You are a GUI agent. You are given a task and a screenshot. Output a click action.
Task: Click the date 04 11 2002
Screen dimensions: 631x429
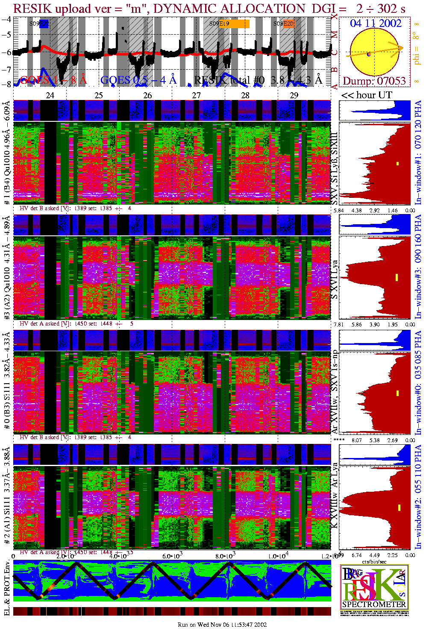[x=376, y=23]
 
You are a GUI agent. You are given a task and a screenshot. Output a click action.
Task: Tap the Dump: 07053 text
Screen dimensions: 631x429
[x=374, y=81]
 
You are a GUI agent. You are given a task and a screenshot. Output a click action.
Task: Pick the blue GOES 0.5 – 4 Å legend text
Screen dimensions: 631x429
[x=138, y=80]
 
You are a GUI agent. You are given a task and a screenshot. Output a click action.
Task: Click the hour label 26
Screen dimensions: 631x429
[x=147, y=95]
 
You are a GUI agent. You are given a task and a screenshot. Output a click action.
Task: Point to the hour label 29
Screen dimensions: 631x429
[x=294, y=95]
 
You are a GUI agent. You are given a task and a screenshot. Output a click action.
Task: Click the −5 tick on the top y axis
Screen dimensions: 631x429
[x=6, y=35]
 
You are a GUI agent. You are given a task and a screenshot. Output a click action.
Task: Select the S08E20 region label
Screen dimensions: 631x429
[x=284, y=24]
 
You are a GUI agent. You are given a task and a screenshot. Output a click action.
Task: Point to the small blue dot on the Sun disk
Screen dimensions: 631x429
[x=369, y=54]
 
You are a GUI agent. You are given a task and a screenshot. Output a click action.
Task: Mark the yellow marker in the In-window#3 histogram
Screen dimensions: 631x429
[x=397, y=277]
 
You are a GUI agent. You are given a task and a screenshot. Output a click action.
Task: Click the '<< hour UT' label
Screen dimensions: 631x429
[x=366, y=95]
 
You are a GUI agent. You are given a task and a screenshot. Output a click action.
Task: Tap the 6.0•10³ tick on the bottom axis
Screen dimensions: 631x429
[x=172, y=556]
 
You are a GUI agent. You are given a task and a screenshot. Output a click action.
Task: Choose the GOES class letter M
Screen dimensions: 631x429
[x=335, y=35]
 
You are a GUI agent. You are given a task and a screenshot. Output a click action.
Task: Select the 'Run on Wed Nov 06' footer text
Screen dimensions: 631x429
[x=222, y=625]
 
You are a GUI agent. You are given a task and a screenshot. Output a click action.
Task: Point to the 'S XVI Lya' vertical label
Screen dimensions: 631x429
[x=335, y=279]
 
